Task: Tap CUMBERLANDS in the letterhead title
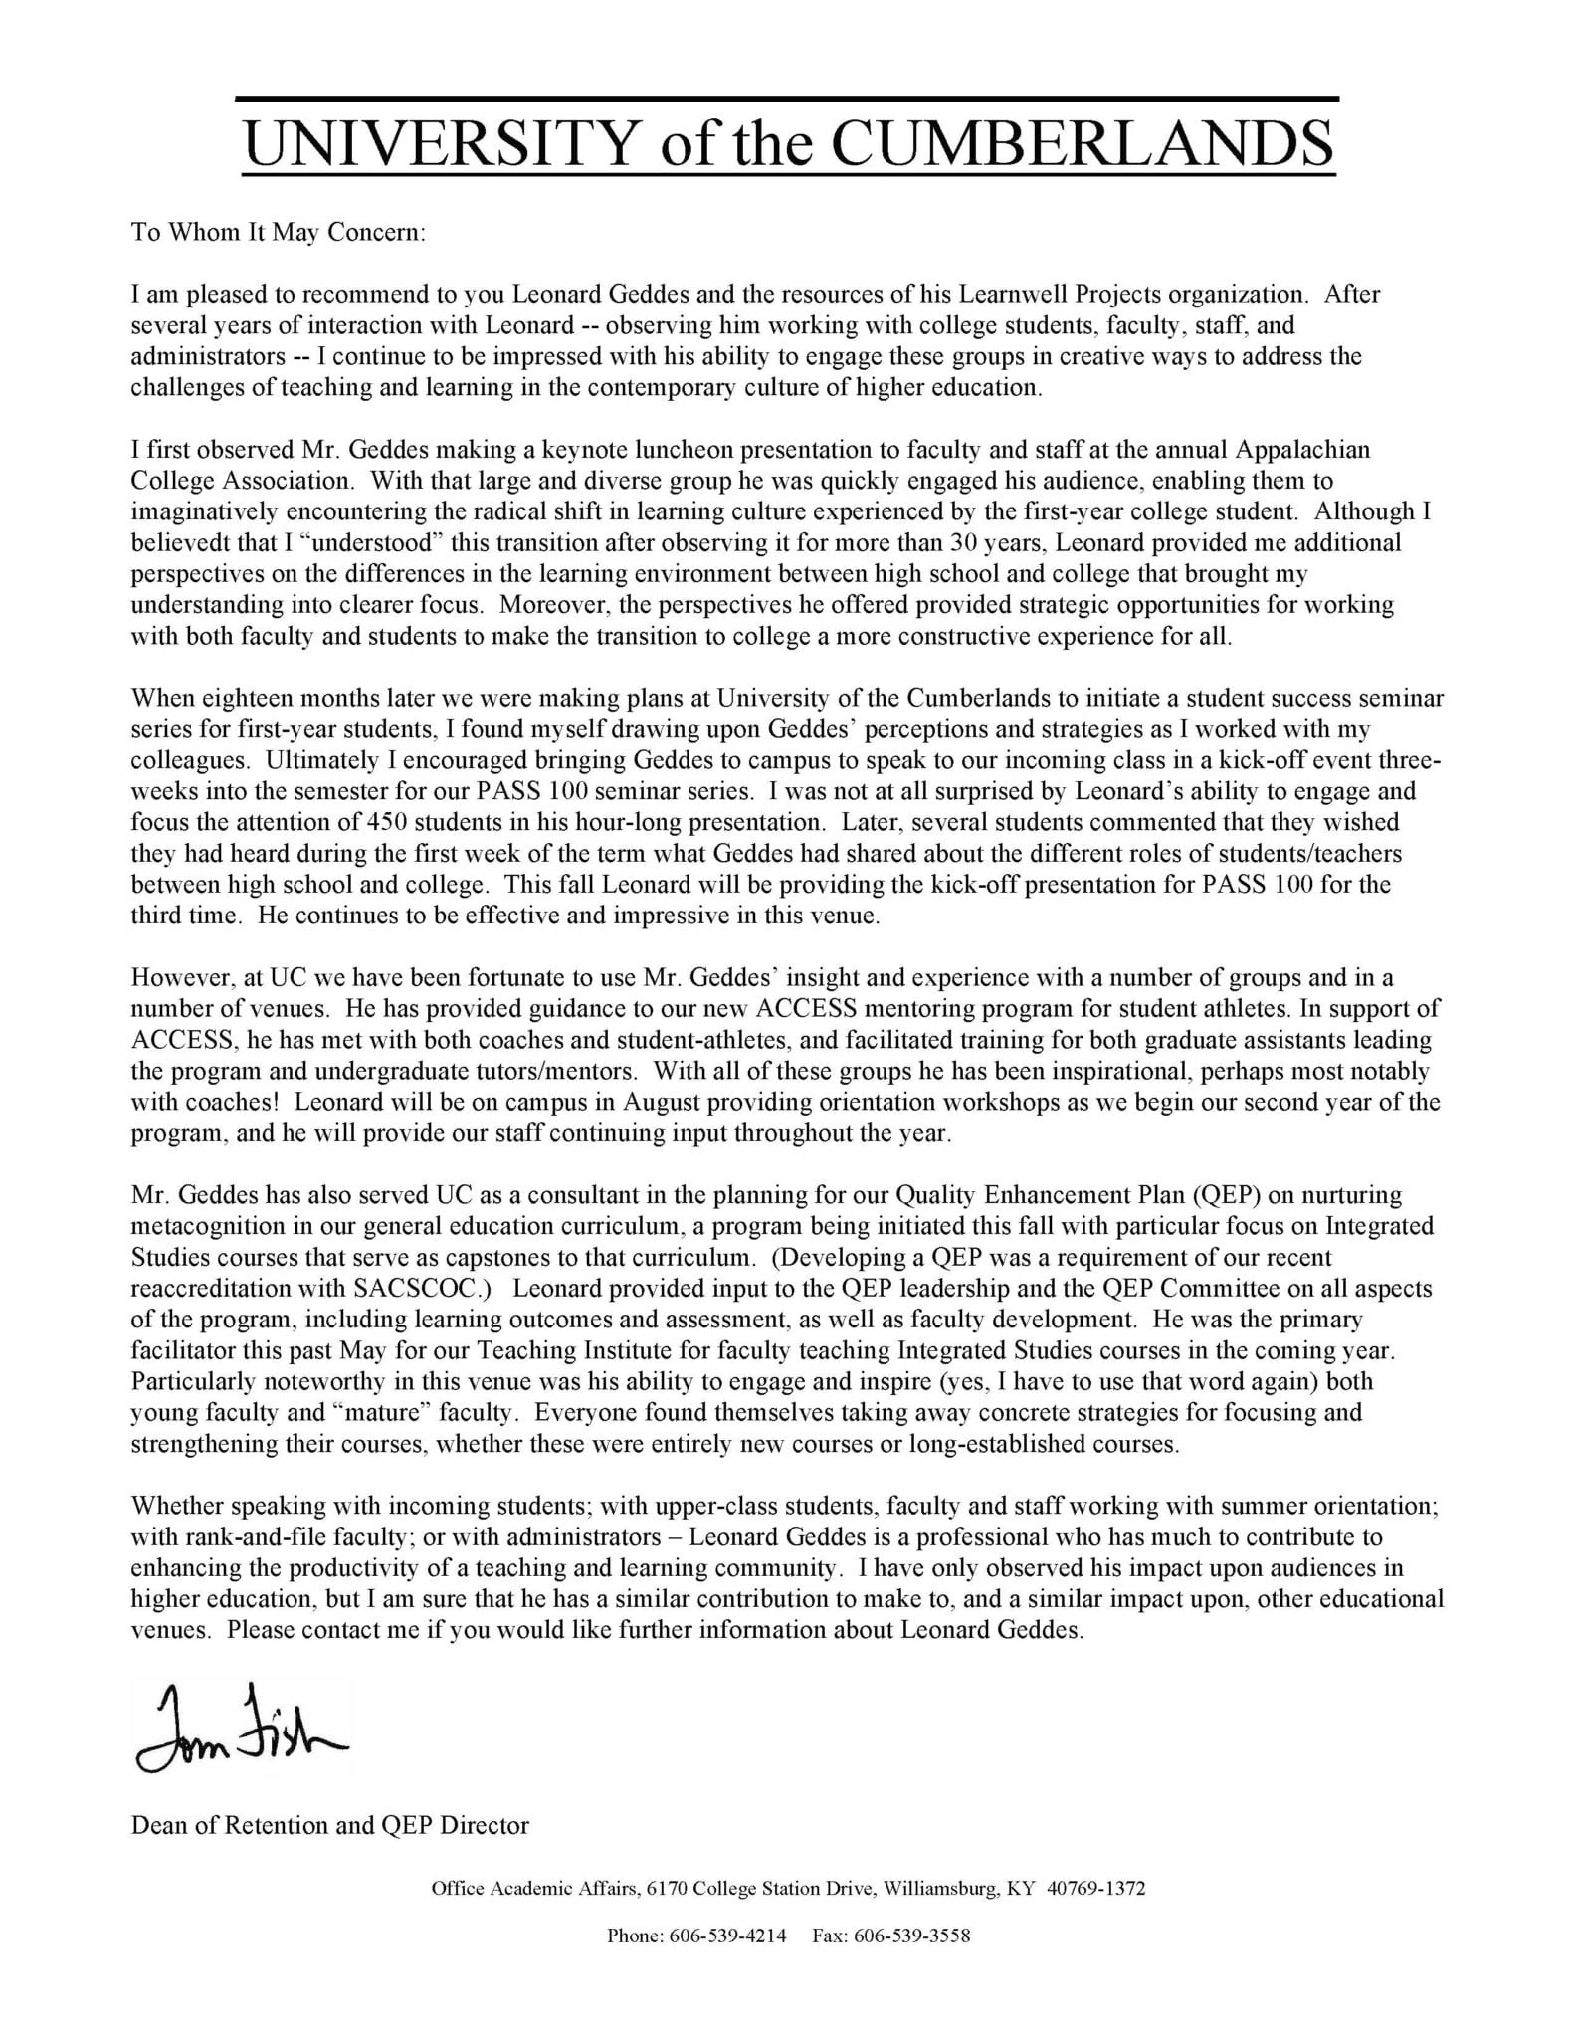pyautogui.click(x=1082, y=144)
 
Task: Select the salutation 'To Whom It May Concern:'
pyautogui.click(x=279, y=233)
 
